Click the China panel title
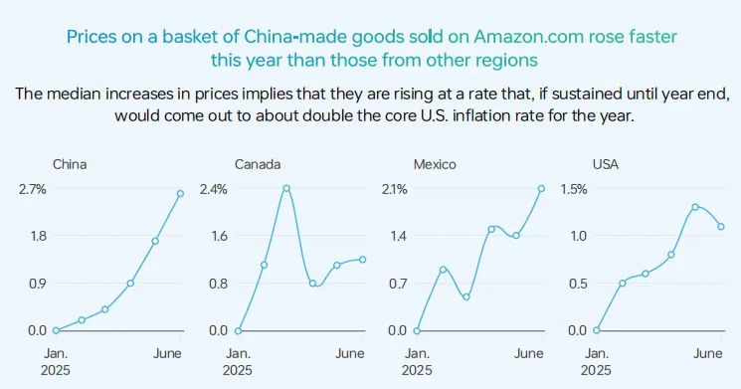point(70,164)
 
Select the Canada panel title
point(258,164)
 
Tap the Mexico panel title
point(435,164)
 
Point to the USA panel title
point(606,164)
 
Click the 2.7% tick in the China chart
point(33,190)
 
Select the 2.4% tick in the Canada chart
point(214,190)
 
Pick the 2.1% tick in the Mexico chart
point(394,190)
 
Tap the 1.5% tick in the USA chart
point(574,190)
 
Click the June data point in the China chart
point(180,194)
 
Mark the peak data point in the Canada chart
point(286,188)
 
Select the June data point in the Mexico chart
point(541,189)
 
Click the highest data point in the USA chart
point(695,207)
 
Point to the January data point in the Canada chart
point(238,331)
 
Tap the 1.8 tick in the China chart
point(39,236)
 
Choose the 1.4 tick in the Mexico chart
point(399,236)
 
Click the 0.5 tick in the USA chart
point(578,284)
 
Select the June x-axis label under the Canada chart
point(350,353)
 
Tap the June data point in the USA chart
point(721,227)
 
